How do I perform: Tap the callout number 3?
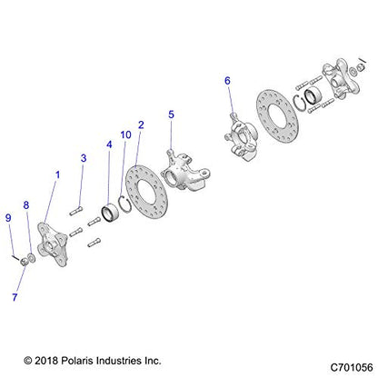[x=83, y=158]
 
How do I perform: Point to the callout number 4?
[x=110, y=144]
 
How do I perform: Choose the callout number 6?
[x=228, y=81]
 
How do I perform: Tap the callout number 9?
[x=8, y=217]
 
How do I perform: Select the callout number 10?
[x=126, y=135]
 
